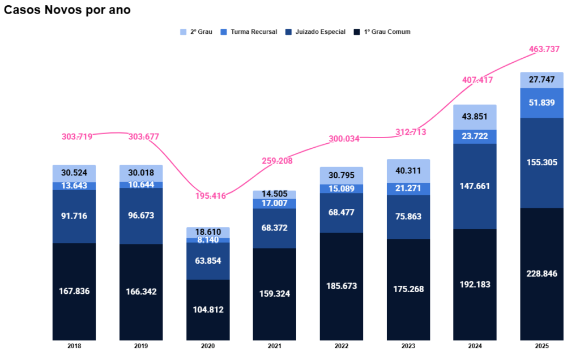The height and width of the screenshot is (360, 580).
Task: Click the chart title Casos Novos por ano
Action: (x=67, y=11)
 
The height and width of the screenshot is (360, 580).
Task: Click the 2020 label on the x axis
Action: (x=208, y=345)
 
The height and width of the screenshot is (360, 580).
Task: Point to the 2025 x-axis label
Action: (x=541, y=345)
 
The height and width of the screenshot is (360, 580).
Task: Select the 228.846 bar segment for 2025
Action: (x=542, y=273)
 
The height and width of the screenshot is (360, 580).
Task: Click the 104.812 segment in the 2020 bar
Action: (x=208, y=310)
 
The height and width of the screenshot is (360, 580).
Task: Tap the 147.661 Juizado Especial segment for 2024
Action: (x=475, y=186)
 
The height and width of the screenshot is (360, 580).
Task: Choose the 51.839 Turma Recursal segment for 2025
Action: (x=542, y=103)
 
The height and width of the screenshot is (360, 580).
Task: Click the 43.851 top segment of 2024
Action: (x=475, y=117)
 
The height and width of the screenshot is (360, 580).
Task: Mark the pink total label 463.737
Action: (x=544, y=49)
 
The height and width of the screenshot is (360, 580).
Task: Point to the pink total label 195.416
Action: (x=211, y=196)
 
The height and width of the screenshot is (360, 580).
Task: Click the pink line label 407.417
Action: (x=477, y=80)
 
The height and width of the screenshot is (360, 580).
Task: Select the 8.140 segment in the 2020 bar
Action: (x=208, y=240)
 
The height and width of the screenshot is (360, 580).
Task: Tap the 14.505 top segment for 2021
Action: (x=275, y=194)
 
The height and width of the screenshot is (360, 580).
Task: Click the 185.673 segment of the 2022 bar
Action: (x=342, y=286)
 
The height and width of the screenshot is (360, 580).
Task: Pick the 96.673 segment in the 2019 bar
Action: (x=141, y=216)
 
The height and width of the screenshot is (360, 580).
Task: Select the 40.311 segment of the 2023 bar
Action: (x=408, y=170)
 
